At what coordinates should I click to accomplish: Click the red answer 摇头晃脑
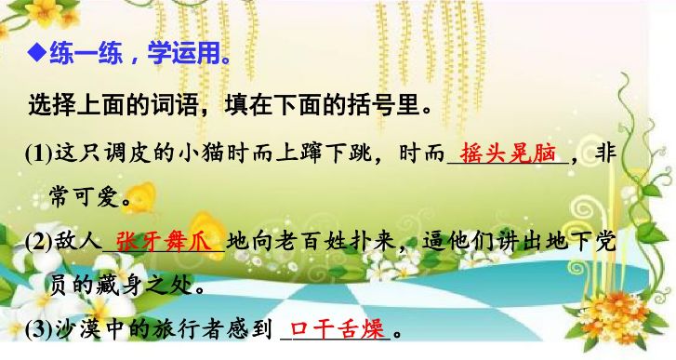click(x=507, y=153)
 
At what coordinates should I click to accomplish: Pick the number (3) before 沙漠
click(x=41, y=328)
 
